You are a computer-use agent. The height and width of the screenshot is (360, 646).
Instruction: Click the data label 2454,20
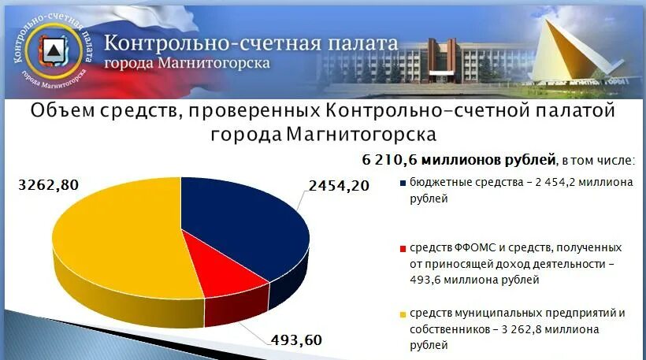(340, 187)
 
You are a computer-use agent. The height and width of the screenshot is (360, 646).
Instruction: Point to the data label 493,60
(296, 340)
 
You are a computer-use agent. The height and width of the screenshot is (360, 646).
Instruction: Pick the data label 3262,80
(48, 186)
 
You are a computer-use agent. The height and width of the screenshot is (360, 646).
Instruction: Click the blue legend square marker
(403, 184)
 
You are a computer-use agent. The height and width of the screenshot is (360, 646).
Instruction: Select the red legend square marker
(403, 248)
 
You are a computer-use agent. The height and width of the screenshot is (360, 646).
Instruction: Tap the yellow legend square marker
(403, 314)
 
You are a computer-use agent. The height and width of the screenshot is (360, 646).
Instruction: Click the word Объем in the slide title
(63, 111)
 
